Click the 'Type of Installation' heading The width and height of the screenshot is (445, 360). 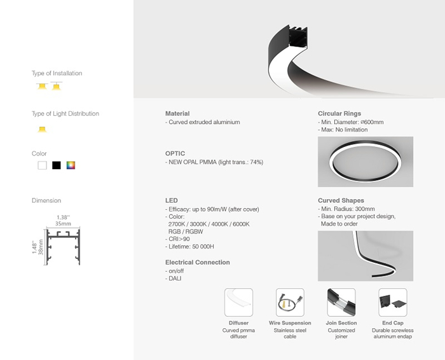coord(57,73)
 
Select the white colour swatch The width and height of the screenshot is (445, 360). coord(42,165)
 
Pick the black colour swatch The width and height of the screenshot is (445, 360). coord(57,165)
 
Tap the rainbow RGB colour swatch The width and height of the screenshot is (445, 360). coord(71,165)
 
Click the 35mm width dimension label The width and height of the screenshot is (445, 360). coord(62,224)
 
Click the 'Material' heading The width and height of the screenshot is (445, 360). coord(177,113)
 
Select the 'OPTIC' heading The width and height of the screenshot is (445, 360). coord(175,154)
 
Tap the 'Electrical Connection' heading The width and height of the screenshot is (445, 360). coord(197,262)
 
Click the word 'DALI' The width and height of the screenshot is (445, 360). coord(175,279)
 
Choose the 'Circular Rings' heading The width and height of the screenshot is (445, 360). coord(339,113)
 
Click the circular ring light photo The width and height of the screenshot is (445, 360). coord(365,162)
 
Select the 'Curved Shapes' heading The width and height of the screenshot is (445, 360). coord(341,200)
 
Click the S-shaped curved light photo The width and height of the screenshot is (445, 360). coord(365,256)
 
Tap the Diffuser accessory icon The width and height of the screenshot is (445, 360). coord(238,303)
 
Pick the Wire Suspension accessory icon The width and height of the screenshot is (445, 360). coord(290,303)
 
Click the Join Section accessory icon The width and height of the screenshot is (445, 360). coord(341,303)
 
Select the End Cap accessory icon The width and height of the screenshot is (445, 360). coord(392,303)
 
